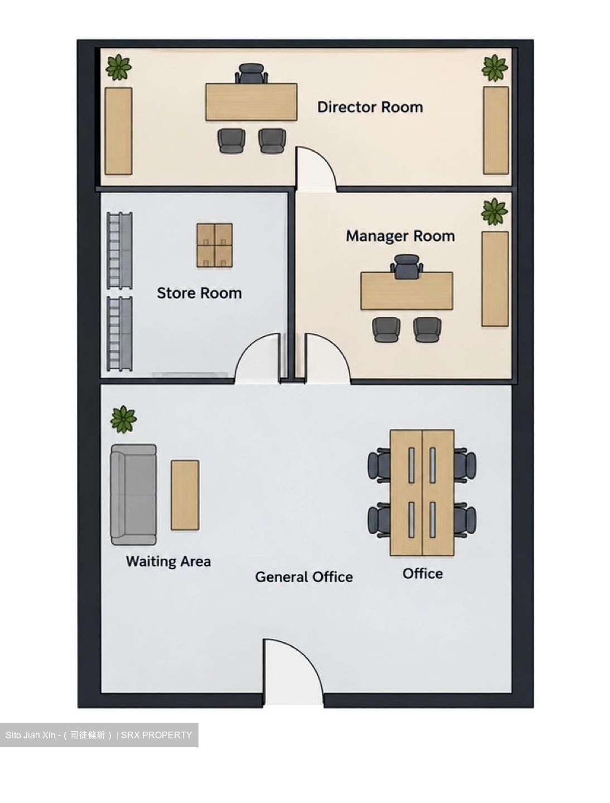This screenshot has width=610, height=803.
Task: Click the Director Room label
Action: click(x=370, y=107)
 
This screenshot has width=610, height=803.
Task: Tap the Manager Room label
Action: click(x=400, y=236)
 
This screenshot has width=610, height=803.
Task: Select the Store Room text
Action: click(x=199, y=293)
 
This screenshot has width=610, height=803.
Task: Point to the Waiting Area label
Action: click(x=168, y=561)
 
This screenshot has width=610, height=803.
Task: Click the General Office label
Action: click(x=304, y=577)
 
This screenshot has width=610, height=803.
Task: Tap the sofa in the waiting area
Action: click(x=133, y=495)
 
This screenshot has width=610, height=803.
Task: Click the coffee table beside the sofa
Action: click(x=185, y=495)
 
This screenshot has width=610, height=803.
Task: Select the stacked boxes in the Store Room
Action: click(x=215, y=245)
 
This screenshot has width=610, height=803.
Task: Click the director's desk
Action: click(x=251, y=101)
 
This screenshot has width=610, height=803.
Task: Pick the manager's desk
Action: click(x=406, y=291)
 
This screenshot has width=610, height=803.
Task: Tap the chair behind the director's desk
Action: click(x=251, y=74)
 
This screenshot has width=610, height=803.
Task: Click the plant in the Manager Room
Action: click(x=494, y=212)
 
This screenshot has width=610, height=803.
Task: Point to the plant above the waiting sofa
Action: click(x=124, y=419)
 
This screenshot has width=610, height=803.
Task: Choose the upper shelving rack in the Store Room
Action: click(x=119, y=250)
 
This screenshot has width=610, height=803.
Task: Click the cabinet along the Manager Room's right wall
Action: click(x=495, y=279)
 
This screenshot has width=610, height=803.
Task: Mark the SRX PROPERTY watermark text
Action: click(x=157, y=735)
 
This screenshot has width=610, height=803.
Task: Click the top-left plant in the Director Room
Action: click(x=119, y=67)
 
